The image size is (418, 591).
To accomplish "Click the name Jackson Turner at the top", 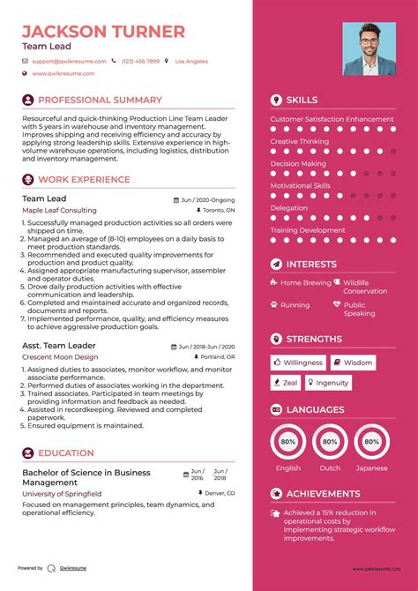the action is point(103,31).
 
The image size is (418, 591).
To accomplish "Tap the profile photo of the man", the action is point(369,49).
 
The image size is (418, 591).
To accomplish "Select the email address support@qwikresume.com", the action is point(69,61).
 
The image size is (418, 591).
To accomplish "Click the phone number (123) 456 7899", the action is point(141,61).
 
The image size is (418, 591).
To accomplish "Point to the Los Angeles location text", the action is point(191,61).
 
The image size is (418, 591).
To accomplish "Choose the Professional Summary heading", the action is point(100,101).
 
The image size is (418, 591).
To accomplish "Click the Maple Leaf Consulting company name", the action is point(59,211).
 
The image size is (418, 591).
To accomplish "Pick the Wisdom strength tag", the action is point(353,363).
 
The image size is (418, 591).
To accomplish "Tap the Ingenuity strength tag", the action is point(328,382).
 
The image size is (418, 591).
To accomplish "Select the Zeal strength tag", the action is point(286,382).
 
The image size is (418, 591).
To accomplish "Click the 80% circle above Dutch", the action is point(330,441).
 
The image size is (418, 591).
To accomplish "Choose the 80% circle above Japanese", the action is point(370,441).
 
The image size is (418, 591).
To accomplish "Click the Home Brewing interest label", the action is point(305,283).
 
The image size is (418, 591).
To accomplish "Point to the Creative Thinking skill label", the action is point(300,141).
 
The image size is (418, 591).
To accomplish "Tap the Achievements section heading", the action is point(323,494).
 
